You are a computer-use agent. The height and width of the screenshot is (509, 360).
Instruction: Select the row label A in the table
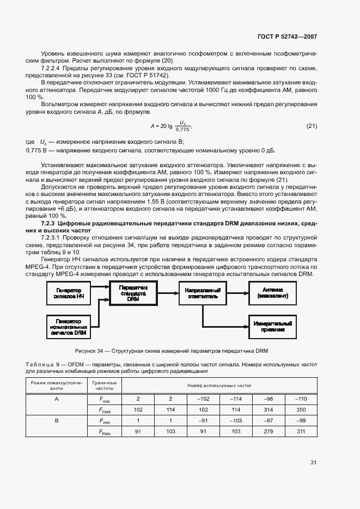click(x=57, y=398)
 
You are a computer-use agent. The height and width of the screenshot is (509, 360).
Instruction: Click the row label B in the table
click(x=57, y=421)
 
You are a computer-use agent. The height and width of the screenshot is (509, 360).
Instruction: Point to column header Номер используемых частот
click(x=219, y=385)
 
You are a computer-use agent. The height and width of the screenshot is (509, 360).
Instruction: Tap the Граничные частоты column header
click(x=105, y=385)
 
